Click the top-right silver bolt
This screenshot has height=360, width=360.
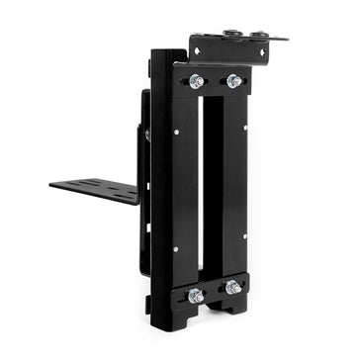(x=232, y=81)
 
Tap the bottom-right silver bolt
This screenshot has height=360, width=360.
(x=232, y=288)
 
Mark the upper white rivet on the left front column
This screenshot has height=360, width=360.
(x=177, y=128)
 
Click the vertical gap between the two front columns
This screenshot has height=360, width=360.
(x=212, y=188)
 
